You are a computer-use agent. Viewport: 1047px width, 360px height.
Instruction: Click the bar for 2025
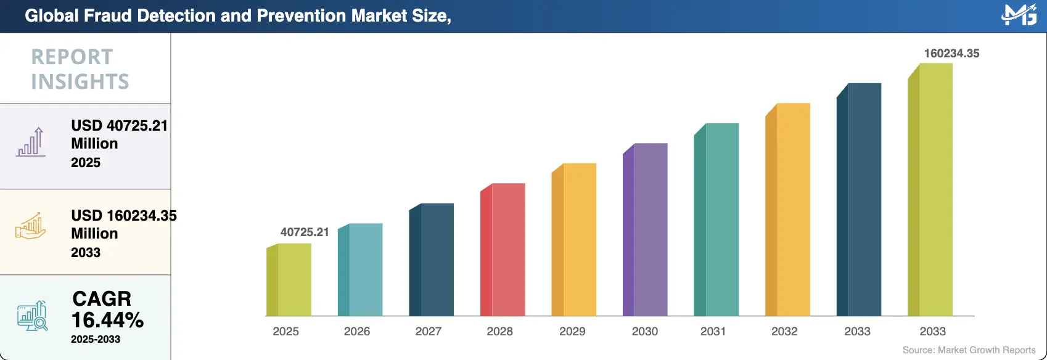point(290,280)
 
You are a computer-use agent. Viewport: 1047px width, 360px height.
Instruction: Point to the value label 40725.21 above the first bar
point(305,232)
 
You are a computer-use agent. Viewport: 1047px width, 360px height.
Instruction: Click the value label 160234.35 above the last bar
point(951,54)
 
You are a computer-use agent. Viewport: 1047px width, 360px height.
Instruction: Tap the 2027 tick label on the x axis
point(429,332)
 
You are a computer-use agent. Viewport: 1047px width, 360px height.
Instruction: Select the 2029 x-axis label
point(572,332)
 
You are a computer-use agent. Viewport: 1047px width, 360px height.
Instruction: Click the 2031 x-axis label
point(713,332)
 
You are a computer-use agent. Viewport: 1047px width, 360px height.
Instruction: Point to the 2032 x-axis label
point(784,332)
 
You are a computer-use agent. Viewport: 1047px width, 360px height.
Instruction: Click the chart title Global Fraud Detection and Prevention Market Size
point(238,16)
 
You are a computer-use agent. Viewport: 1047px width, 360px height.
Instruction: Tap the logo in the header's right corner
point(1019,15)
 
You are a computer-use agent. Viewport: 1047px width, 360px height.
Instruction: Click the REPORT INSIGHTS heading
point(80,69)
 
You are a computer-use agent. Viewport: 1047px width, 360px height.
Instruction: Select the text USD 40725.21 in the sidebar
point(119,126)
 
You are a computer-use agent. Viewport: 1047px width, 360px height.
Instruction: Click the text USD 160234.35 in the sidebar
point(123,216)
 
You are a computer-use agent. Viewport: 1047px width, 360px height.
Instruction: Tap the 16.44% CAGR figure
point(107,320)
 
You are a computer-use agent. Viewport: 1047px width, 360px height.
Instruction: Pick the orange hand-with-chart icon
point(31,227)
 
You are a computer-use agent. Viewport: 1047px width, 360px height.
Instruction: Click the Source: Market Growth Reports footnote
point(969,350)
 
